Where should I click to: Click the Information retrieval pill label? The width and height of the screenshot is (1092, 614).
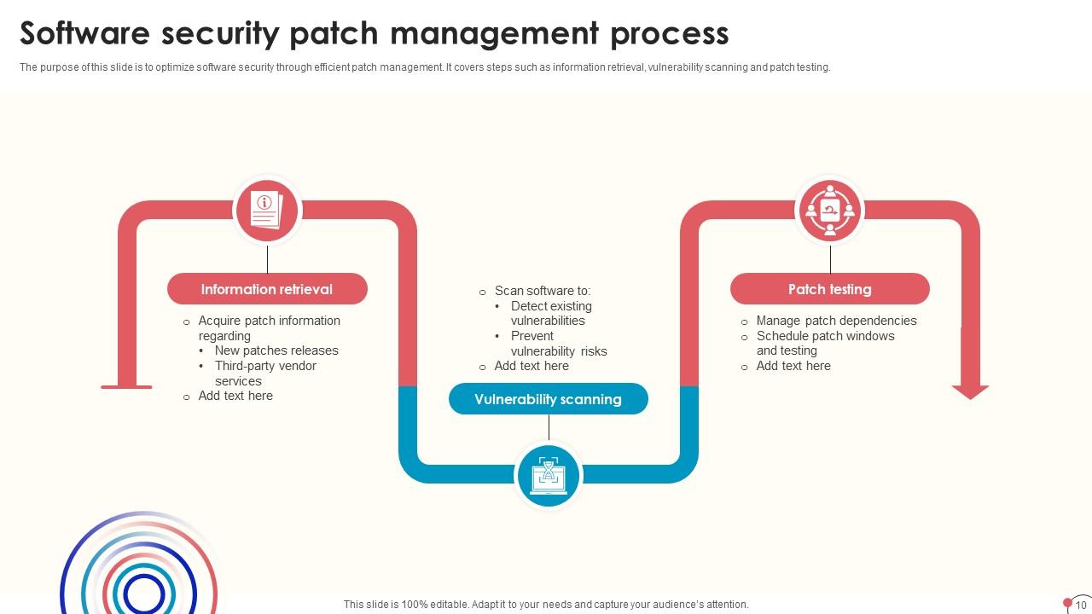pyautogui.click(x=267, y=289)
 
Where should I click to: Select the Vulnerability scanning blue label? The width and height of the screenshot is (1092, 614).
pyautogui.click(x=548, y=399)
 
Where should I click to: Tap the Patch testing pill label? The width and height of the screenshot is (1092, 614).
pyautogui.click(x=829, y=289)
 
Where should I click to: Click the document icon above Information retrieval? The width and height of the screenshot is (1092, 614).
pyautogui.click(x=266, y=211)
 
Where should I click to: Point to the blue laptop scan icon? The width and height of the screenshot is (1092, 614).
pyautogui.click(x=549, y=475)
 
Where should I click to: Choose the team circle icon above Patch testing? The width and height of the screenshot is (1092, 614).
pyautogui.click(x=830, y=211)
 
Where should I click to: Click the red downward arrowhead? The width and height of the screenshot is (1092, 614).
pyautogui.click(x=970, y=391)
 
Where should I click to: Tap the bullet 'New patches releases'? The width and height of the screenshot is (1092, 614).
pyautogui.click(x=276, y=350)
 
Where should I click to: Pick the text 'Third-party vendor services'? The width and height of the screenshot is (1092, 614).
pyautogui.click(x=265, y=374)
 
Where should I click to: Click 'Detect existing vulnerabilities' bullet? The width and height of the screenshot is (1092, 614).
pyautogui.click(x=551, y=313)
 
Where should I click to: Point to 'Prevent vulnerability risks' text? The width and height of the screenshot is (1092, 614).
pyautogui.click(x=559, y=343)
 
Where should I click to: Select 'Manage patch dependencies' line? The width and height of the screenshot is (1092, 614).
pyautogui.click(x=836, y=321)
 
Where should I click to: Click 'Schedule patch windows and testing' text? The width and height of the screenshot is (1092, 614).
pyautogui.click(x=825, y=343)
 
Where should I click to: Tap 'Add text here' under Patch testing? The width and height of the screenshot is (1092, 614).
pyautogui.click(x=793, y=366)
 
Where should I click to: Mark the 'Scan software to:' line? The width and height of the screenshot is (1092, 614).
pyautogui.click(x=543, y=291)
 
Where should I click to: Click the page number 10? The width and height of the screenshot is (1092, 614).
pyautogui.click(x=1081, y=605)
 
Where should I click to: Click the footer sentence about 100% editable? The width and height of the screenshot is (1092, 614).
pyautogui.click(x=546, y=605)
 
